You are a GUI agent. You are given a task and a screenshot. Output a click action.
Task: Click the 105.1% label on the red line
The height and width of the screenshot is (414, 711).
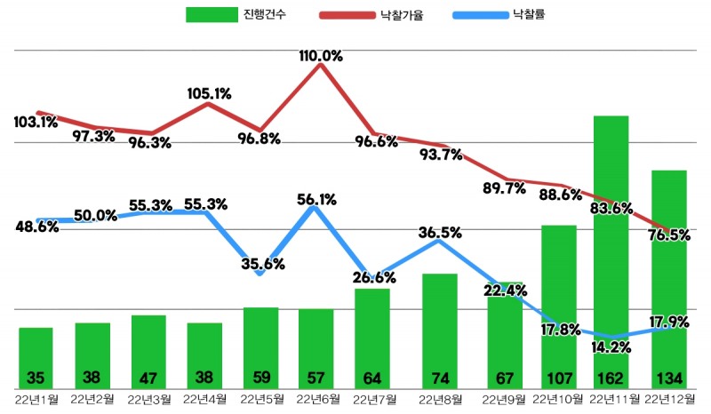[x=210, y=92]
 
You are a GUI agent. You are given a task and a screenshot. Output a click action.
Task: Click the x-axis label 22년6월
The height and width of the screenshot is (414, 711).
[x=316, y=399]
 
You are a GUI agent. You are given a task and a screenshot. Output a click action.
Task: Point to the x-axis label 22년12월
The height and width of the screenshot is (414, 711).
[x=668, y=399]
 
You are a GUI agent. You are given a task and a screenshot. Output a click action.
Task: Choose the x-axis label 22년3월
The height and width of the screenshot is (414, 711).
[x=148, y=399]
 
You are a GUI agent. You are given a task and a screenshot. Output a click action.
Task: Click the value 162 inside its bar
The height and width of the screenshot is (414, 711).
[x=611, y=376]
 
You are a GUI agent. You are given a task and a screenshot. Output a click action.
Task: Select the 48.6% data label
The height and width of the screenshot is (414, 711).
[x=37, y=227]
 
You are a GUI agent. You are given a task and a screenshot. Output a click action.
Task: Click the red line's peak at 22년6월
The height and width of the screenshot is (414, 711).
[x=319, y=65]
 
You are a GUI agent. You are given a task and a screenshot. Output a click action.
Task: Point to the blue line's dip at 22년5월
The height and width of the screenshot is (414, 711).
[x=260, y=274]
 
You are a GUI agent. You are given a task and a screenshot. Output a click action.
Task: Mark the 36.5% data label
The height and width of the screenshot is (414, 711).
[x=440, y=233]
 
